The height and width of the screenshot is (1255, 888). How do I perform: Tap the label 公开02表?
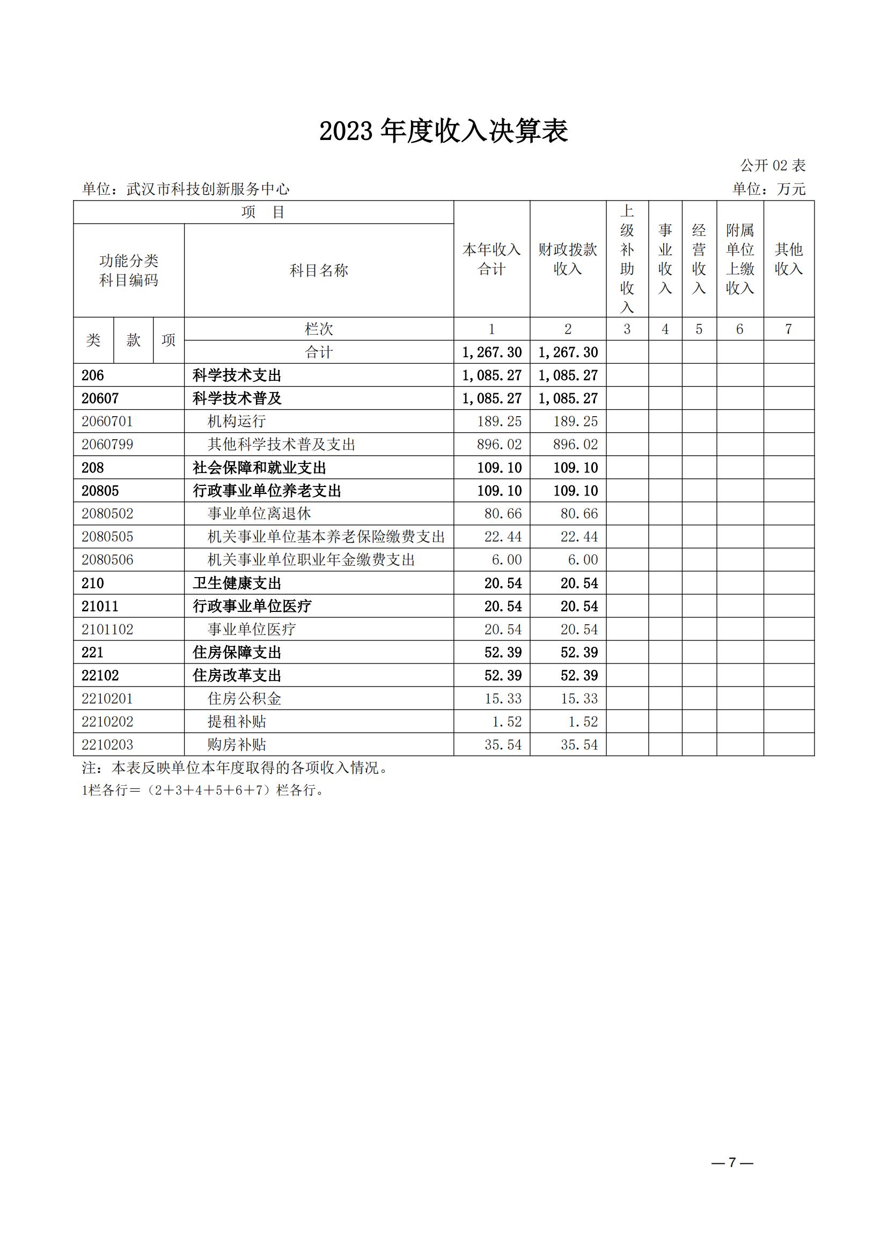pyautogui.click(x=773, y=165)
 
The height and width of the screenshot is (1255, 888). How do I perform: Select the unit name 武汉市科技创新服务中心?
pyautogui.click(x=208, y=189)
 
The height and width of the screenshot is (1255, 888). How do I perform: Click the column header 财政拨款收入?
pyautogui.click(x=568, y=259)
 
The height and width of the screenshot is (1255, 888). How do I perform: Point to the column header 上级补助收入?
pyautogui.click(x=627, y=259)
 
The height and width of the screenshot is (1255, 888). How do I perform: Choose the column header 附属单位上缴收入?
pyautogui.click(x=740, y=259)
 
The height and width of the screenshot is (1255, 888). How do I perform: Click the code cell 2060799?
pyautogui.click(x=108, y=445)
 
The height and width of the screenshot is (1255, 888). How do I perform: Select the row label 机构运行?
pyautogui.click(x=237, y=422)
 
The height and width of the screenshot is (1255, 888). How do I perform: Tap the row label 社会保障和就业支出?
pyautogui.click(x=259, y=468)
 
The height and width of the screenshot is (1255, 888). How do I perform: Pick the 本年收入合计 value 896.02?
pyautogui.click(x=498, y=445)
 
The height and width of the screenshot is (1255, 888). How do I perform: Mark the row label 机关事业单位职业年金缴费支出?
pyautogui.click(x=311, y=560)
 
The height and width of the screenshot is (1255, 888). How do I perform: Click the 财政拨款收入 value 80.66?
pyautogui.click(x=579, y=514)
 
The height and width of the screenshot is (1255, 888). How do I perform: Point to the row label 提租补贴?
pyautogui.click(x=237, y=721)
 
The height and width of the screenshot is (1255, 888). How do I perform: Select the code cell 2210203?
pyautogui.click(x=108, y=744)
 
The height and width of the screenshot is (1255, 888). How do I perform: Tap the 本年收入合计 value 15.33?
pyautogui.click(x=503, y=698)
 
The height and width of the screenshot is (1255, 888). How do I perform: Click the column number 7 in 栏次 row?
pyautogui.click(x=788, y=329)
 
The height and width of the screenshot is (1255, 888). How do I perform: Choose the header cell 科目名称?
pyautogui.click(x=319, y=270)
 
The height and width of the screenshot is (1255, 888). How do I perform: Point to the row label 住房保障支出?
pyautogui.click(x=237, y=653)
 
